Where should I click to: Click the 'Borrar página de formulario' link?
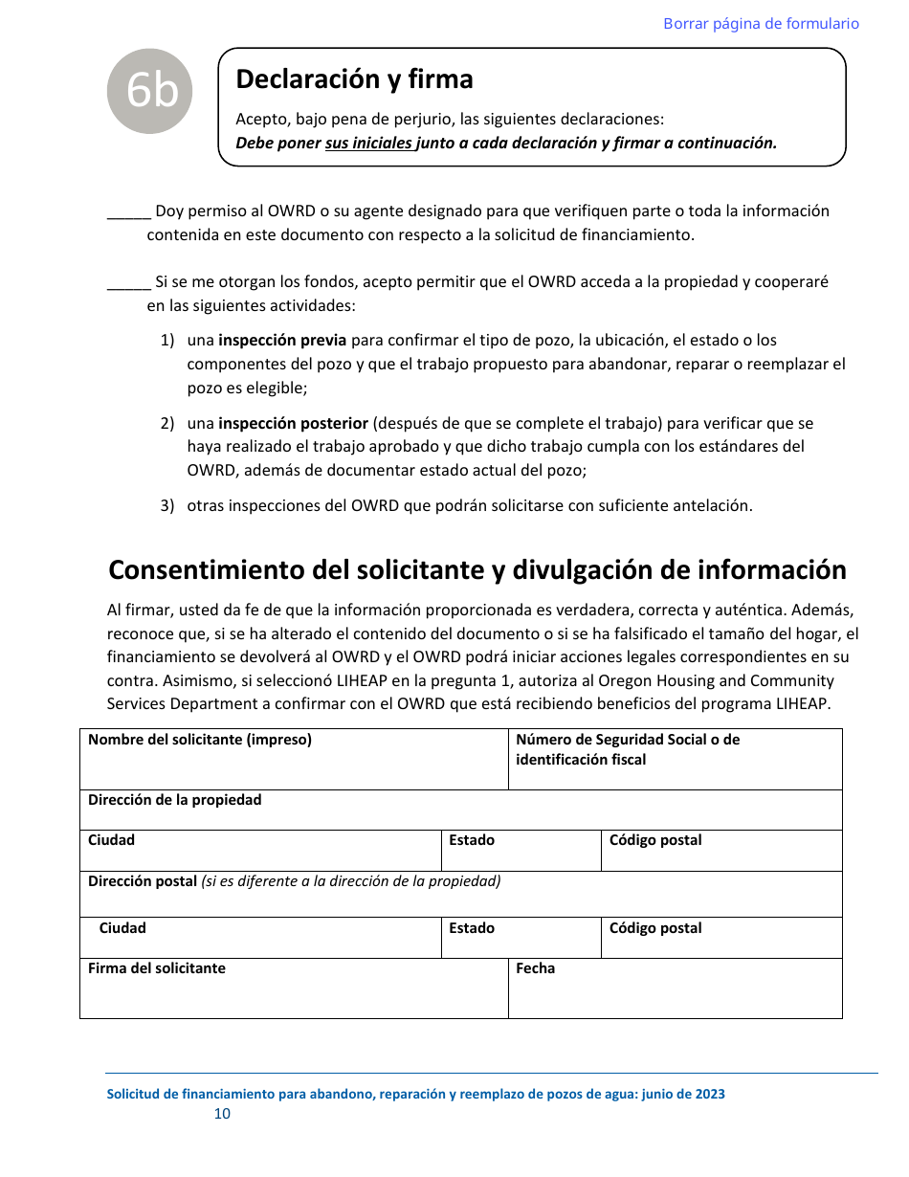[x=761, y=24]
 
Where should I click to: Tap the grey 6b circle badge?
[x=150, y=92]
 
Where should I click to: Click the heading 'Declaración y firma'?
[x=354, y=79]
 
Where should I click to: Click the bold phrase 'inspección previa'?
[x=282, y=341]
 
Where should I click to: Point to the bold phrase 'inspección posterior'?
[x=293, y=423]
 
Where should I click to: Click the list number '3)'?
[x=167, y=506]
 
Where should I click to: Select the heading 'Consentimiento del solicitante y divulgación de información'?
[x=477, y=570]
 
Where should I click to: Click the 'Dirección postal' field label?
[x=143, y=881]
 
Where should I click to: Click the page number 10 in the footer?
[x=222, y=1114]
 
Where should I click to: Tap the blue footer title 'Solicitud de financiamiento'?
[x=415, y=1095]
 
